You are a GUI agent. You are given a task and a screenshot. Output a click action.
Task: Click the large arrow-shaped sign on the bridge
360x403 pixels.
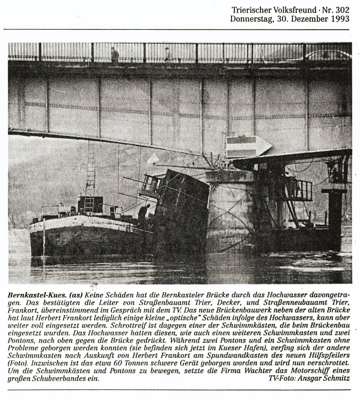[x=248, y=146]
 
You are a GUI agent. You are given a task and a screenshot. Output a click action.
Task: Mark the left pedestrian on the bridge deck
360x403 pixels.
[x=115, y=54]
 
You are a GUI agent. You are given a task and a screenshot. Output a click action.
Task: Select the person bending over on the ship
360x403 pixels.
[x=143, y=212]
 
